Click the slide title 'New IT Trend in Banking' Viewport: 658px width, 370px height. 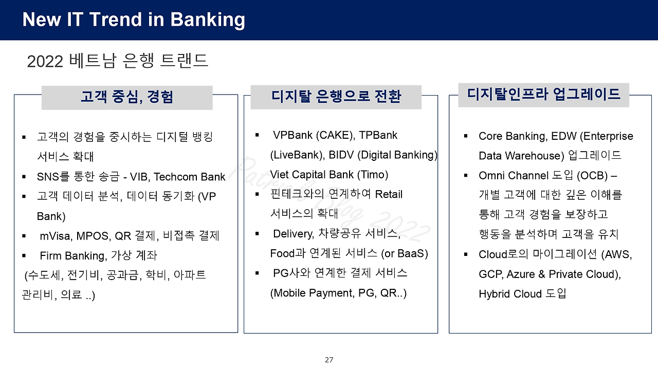point(134,20)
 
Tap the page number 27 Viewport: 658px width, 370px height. point(329,360)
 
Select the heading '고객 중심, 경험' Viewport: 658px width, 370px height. point(126,97)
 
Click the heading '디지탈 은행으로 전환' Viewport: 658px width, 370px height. point(336,97)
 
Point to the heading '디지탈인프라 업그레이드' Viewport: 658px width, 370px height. point(543,95)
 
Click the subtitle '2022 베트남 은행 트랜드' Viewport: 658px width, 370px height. point(117,61)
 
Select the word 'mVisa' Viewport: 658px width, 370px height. point(56,236)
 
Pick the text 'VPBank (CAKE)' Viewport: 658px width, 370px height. point(313,135)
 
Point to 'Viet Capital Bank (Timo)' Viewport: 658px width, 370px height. point(329,175)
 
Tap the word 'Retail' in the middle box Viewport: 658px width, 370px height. point(389,194)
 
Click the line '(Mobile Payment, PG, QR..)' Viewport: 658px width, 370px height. point(338,293)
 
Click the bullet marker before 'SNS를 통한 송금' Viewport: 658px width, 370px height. point(24,177)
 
